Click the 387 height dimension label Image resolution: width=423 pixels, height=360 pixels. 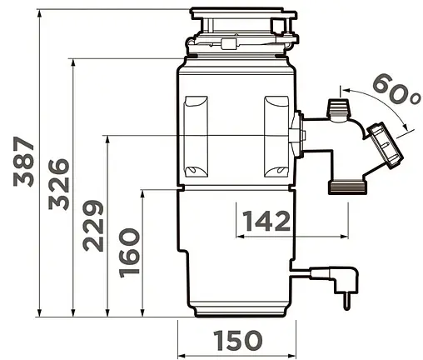click(23, 162)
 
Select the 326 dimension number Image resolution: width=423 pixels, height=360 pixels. click(58, 184)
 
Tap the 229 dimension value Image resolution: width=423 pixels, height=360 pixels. click(93, 226)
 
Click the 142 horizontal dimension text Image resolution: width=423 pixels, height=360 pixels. click(266, 221)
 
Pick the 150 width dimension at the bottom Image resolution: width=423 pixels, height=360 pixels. click(237, 340)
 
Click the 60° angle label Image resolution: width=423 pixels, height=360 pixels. click(396, 89)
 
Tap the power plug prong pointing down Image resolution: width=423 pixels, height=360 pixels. click(346, 301)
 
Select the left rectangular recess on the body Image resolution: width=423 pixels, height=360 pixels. click(196, 137)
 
